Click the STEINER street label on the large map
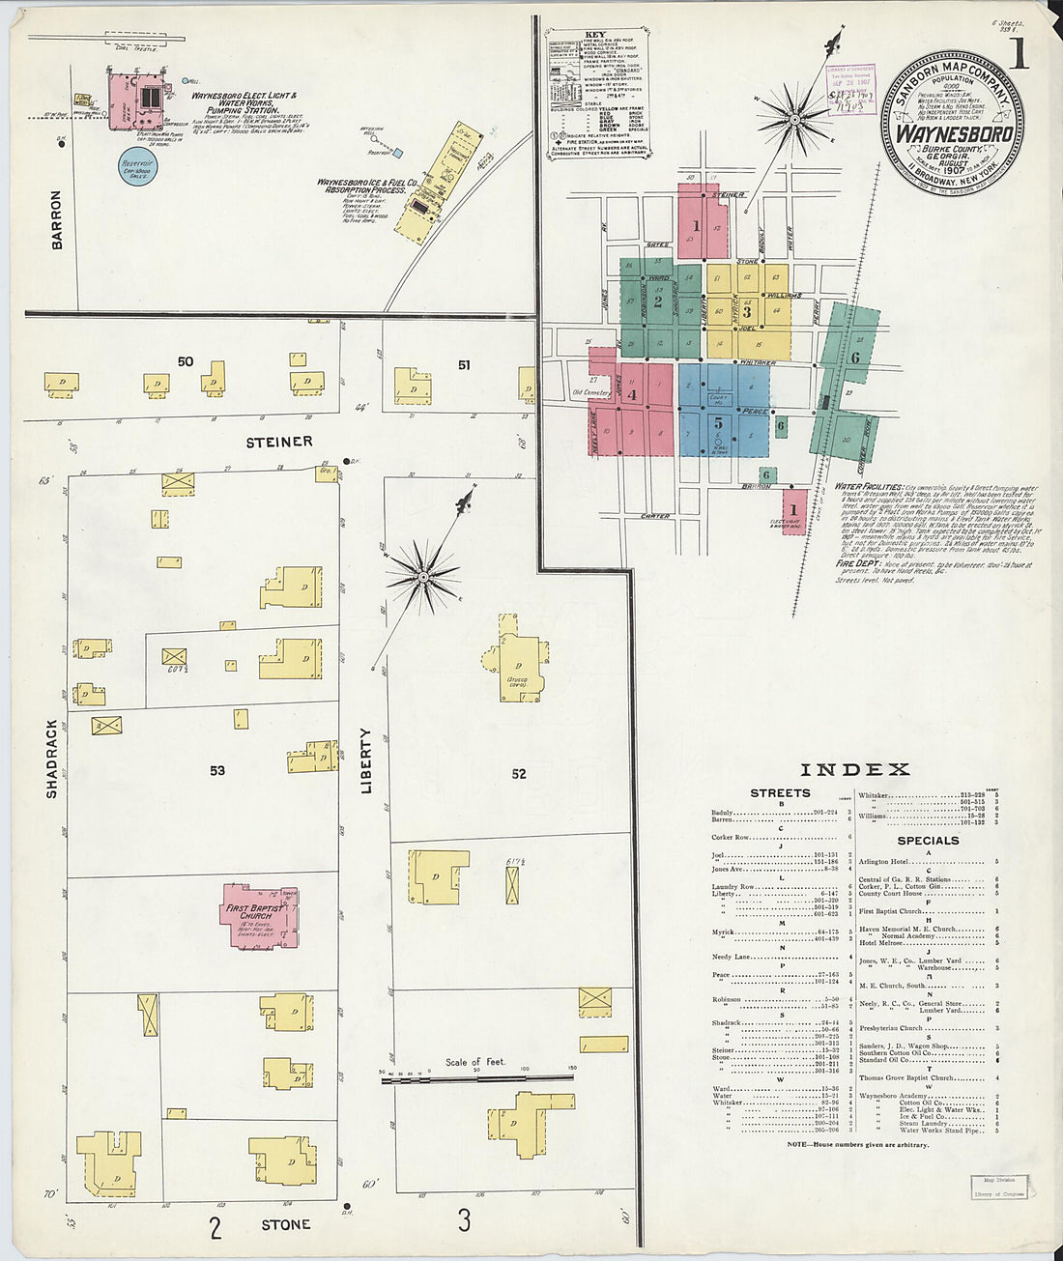(278, 442)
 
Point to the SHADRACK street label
(52, 759)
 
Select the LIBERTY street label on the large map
(366, 760)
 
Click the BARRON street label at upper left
(56, 220)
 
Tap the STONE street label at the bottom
(286, 1224)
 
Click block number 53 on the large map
(216, 770)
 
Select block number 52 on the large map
(519, 773)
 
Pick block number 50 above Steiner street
(186, 361)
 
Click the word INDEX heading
(855, 770)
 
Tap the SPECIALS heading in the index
(928, 841)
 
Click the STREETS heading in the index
(780, 793)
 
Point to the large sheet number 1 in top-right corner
(1019, 56)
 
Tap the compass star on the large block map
(422, 577)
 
